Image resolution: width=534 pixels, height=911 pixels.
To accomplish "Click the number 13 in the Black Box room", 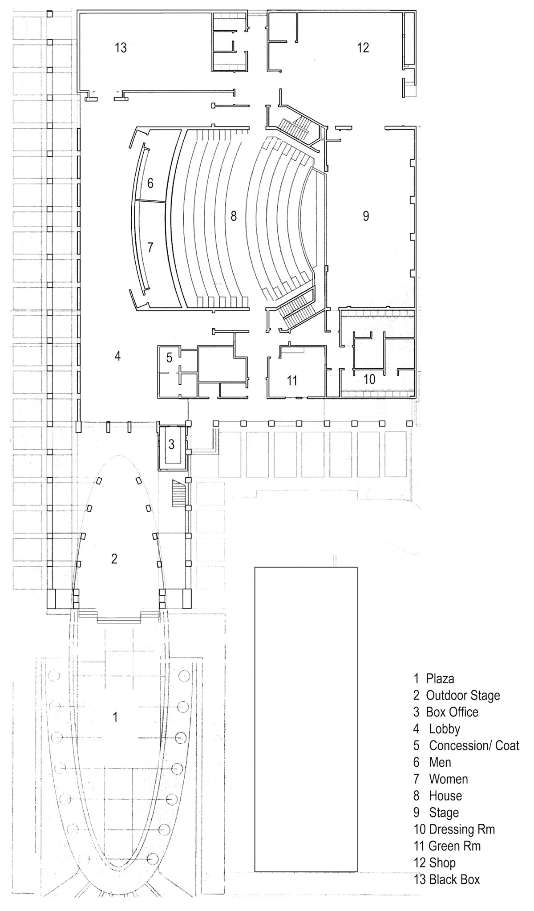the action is pyautogui.click(x=121, y=47).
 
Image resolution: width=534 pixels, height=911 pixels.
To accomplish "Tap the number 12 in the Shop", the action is pyautogui.click(x=363, y=47).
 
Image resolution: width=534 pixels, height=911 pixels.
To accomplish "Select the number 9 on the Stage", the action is pyautogui.click(x=366, y=216).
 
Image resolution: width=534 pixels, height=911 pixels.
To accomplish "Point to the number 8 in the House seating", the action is pyautogui.click(x=233, y=216).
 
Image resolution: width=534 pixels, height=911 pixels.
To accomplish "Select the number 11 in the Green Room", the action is pyautogui.click(x=292, y=381).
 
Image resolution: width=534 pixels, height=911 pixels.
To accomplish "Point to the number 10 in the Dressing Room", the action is pyautogui.click(x=369, y=379).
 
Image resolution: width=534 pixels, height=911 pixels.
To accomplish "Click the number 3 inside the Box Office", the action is pyautogui.click(x=171, y=444).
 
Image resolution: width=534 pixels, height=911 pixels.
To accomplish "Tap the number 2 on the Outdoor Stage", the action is pyautogui.click(x=114, y=559).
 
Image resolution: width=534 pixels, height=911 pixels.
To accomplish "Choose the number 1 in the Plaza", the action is pyautogui.click(x=116, y=717).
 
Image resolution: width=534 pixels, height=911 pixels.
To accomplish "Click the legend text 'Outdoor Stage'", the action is pyautogui.click(x=463, y=695).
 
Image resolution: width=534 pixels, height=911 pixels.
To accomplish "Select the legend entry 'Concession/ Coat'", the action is pyautogui.click(x=474, y=745).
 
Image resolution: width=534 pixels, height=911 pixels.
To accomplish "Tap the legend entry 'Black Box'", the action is pyautogui.click(x=454, y=879).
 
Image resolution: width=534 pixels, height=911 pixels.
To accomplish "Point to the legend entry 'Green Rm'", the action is pyautogui.click(x=454, y=846).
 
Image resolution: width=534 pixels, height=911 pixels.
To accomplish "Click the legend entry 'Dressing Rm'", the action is pyautogui.click(x=462, y=829).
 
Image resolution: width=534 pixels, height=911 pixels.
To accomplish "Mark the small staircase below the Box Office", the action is pyautogui.click(x=179, y=493).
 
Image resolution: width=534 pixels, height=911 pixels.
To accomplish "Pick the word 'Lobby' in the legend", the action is pyautogui.click(x=445, y=729).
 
